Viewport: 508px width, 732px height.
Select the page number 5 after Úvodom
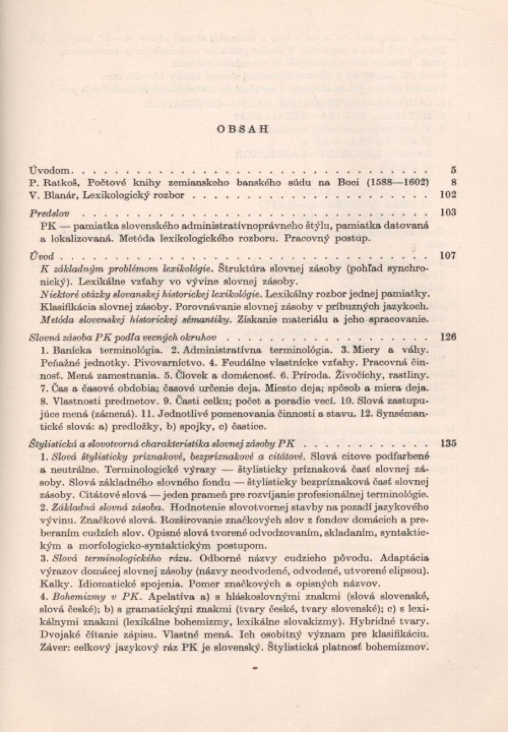click(453, 170)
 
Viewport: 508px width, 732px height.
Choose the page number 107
click(448, 256)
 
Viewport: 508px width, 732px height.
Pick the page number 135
click(448, 443)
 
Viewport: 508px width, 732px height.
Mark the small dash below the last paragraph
click(255, 668)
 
